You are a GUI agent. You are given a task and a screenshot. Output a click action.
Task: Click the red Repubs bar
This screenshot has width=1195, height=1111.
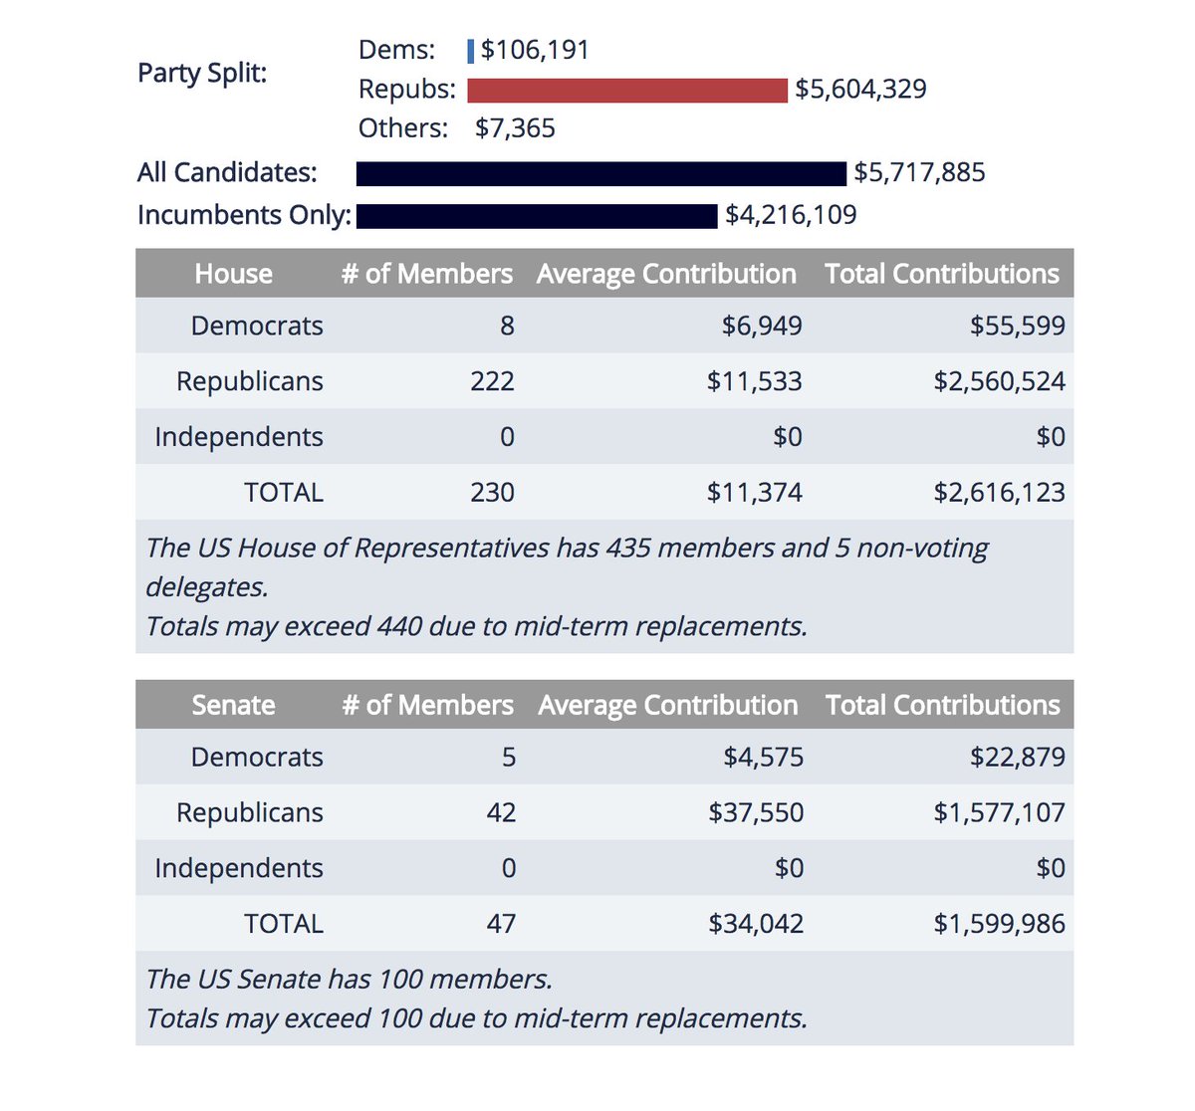pos(627,91)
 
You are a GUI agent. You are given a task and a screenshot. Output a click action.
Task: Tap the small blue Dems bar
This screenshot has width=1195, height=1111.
pos(471,51)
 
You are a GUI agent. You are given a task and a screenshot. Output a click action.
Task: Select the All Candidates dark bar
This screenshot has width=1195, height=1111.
pos(600,174)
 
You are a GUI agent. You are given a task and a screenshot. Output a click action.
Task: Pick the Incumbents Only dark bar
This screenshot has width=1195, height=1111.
pos(537,216)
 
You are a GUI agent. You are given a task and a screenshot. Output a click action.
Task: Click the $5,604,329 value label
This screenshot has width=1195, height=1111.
pos(860,90)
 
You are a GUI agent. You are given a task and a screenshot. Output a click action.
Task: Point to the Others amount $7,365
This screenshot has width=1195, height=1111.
pos(515,128)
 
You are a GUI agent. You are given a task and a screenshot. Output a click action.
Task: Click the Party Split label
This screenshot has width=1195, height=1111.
pos(202,74)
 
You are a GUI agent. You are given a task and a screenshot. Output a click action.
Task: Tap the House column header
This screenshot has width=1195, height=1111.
pos(233,274)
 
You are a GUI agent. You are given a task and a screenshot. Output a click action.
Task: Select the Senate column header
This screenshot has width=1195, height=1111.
pos(233,705)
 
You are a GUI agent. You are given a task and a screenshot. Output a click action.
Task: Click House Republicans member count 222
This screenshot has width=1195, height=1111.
pos(492,381)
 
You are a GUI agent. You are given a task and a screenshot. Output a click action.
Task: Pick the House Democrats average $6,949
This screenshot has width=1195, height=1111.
pos(762,326)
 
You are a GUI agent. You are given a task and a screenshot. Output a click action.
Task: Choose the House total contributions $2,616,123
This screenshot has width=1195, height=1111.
pos(999,492)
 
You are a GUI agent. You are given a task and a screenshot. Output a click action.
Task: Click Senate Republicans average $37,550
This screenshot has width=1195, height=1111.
pos(756,812)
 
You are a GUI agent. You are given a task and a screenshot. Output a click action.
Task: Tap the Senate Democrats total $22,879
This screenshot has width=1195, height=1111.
pos(1017,757)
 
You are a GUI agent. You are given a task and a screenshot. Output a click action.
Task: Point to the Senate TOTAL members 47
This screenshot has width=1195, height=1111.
pos(501,923)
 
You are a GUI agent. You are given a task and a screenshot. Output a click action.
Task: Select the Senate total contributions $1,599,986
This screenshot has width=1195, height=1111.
pos(999,923)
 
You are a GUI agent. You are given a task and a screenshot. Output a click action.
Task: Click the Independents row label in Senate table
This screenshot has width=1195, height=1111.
pos(239,868)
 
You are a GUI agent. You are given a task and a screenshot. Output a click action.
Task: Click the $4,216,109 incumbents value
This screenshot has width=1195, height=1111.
pos(791,215)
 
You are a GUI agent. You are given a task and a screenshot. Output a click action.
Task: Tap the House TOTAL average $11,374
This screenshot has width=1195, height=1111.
pos(754,492)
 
